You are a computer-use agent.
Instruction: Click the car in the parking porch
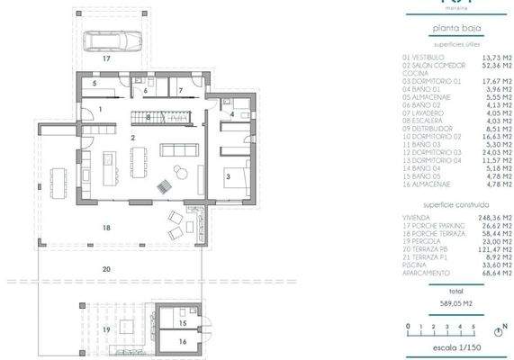[x=106, y=41]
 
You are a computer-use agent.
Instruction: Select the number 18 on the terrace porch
[x=106, y=229]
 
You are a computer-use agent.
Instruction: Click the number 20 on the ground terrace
[x=106, y=269]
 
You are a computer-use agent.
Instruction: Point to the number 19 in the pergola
[x=107, y=329]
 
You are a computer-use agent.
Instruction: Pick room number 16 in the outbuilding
[x=182, y=342]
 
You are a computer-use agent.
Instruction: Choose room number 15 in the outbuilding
[x=181, y=321]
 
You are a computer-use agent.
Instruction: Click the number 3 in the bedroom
[x=229, y=177]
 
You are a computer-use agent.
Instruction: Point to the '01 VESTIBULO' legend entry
[x=424, y=57]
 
